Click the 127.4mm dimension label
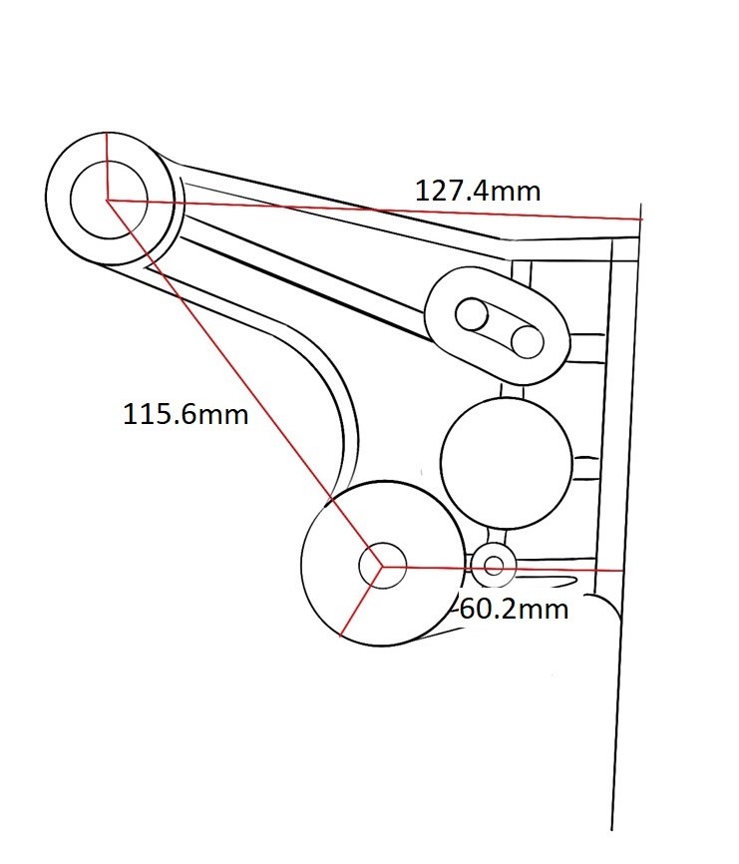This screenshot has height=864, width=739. (478, 192)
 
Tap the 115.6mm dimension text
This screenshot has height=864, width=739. (185, 414)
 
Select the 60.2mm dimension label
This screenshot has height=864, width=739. (514, 610)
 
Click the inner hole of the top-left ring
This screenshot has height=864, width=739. (109, 200)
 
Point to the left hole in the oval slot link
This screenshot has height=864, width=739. (472, 314)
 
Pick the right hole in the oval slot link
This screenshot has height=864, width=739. (527, 342)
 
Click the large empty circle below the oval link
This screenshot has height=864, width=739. (507, 463)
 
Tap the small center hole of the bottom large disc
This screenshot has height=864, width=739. (382, 566)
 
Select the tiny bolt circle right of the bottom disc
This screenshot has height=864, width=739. (494, 566)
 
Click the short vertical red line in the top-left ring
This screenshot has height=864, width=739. (108, 166)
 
